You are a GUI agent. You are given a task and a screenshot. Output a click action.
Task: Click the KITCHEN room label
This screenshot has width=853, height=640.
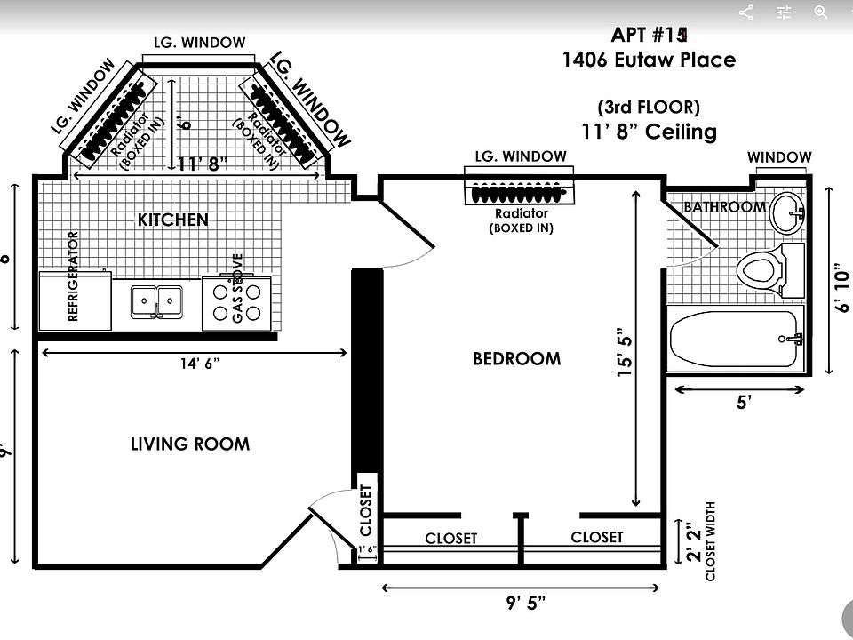(173, 220)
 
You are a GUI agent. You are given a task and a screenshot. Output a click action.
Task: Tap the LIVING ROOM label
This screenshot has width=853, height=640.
(190, 444)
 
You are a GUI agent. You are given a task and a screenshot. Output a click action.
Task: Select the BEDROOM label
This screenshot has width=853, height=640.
(516, 359)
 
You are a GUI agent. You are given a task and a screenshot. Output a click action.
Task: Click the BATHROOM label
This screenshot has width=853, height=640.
(724, 207)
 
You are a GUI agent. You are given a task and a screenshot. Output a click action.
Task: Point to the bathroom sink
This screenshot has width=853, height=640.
(787, 212)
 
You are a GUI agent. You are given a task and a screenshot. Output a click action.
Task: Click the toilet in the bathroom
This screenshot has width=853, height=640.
(764, 267)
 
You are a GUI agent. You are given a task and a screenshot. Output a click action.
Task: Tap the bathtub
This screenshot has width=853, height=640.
(735, 339)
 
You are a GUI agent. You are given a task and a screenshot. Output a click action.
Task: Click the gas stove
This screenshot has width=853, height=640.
(237, 301)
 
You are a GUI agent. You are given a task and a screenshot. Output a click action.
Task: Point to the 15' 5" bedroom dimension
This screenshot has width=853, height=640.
(626, 354)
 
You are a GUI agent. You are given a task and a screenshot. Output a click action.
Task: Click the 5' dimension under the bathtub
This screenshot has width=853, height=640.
(744, 403)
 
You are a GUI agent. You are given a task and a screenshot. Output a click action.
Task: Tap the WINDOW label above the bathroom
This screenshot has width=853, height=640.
(779, 158)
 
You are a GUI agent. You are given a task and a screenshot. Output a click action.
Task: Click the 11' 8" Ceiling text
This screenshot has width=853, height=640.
(649, 132)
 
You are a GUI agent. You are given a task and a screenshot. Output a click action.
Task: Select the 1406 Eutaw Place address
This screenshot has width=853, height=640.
(649, 60)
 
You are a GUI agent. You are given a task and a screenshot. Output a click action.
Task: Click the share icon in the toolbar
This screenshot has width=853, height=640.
(746, 12)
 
